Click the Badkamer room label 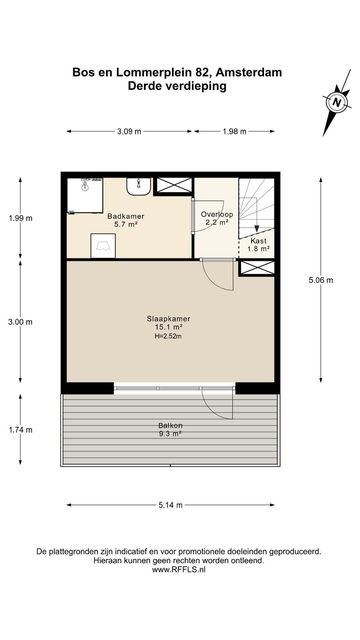[x=126, y=216]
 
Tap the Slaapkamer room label [x=168, y=318]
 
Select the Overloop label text [x=217, y=214]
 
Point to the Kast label [x=258, y=241]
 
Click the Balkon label [x=170, y=426]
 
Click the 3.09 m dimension [x=129, y=132]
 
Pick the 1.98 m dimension [x=234, y=132]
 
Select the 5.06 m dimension [x=321, y=280]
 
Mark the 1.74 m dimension [x=20, y=430]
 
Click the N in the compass [x=337, y=102]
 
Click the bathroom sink [x=138, y=186]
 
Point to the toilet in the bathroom [x=103, y=246]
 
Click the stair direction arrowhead [x=256, y=228]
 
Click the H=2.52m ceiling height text [x=168, y=336]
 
